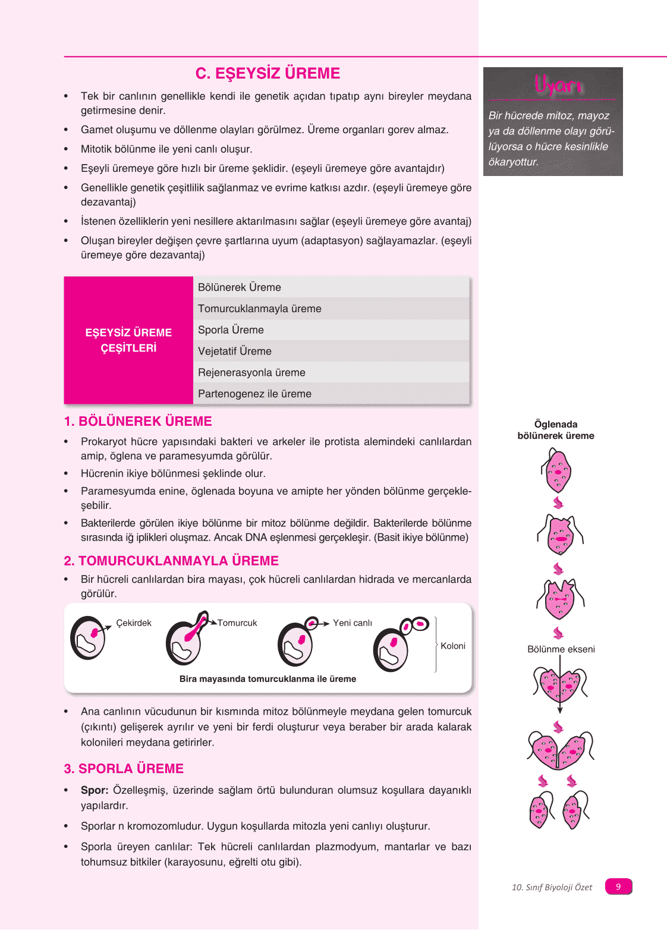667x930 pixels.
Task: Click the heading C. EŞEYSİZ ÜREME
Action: click(x=268, y=73)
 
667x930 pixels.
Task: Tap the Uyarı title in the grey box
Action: click(x=557, y=85)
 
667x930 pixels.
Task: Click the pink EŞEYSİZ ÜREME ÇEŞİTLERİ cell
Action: click(x=128, y=340)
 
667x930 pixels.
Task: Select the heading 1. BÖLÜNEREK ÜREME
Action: click(x=138, y=421)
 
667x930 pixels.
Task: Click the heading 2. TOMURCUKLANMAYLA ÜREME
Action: click(x=171, y=561)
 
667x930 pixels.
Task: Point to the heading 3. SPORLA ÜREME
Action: click(x=124, y=768)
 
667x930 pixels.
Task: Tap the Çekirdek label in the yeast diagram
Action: click(x=134, y=623)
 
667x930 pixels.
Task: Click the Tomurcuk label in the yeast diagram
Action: click(x=237, y=623)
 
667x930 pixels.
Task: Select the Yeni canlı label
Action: click(x=353, y=623)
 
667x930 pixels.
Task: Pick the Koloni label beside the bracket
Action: click(x=453, y=646)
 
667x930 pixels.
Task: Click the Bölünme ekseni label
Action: click(x=561, y=649)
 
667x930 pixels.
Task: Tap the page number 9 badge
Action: click(x=618, y=887)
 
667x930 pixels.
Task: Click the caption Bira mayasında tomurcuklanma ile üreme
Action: click(x=268, y=678)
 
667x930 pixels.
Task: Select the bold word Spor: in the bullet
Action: click(x=95, y=790)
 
